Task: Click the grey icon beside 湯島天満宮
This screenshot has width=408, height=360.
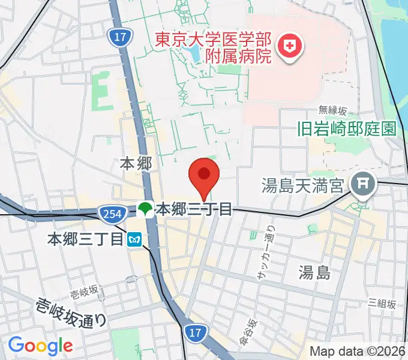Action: (363, 181)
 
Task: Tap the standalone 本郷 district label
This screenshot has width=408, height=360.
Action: (133, 163)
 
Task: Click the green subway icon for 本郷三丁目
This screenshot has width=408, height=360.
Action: (145, 209)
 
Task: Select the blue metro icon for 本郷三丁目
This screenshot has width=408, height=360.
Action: (134, 239)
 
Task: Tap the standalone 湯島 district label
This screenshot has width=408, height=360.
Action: (314, 274)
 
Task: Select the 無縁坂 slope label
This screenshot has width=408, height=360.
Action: (332, 110)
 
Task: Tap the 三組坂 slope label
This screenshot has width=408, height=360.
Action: (382, 303)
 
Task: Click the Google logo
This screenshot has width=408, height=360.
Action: (40, 345)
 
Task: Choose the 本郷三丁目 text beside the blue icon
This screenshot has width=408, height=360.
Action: (86, 239)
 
